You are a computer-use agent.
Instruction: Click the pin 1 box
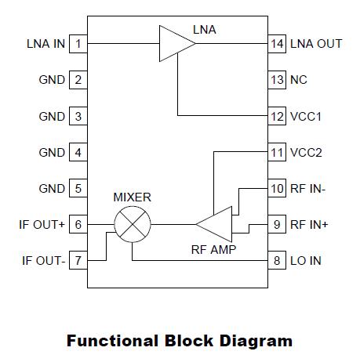coord(78,43)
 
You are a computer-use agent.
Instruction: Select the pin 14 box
coord(276,43)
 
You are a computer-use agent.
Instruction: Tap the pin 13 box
coord(276,79)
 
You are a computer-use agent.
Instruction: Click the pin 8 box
coord(276,260)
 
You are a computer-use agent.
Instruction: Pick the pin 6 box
coord(78,224)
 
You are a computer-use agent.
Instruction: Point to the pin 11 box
coord(276,152)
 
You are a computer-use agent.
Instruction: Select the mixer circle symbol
coord(132,225)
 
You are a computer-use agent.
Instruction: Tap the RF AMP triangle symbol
coord(216,225)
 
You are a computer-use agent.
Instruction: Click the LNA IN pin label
coord(46,43)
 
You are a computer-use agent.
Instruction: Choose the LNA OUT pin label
coord(316,43)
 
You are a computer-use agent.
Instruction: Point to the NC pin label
coord(299,79)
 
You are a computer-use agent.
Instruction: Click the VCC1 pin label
coord(306,116)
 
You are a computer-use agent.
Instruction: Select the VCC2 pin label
coord(306,152)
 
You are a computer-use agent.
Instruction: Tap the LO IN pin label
coord(306,260)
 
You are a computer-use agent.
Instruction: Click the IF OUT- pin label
coord(43,260)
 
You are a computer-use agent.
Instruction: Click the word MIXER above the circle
coord(132,197)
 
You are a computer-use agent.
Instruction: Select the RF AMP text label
coord(214,252)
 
